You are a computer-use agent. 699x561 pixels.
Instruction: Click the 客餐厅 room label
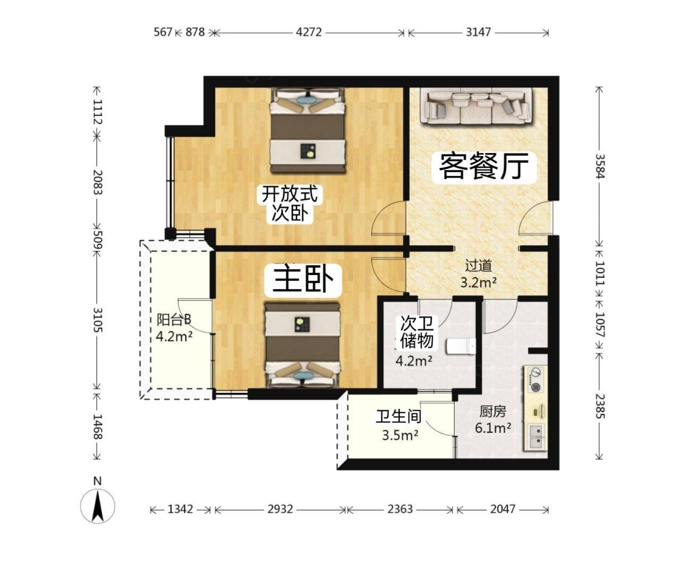point(484,166)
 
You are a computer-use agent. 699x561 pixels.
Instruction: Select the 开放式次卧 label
point(289,204)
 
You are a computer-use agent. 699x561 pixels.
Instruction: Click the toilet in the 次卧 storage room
point(461,346)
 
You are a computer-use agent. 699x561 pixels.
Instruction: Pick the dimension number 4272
point(309,32)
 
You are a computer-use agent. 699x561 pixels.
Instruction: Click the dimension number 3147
point(478,32)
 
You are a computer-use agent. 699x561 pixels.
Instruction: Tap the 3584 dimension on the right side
point(600,166)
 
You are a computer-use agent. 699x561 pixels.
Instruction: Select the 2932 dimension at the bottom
point(280,509)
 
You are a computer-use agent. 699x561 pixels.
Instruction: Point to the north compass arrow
point(97,506)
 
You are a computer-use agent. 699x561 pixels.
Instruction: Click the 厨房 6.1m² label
point(493,420)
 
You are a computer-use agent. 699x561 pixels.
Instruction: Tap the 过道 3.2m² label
point(479,274)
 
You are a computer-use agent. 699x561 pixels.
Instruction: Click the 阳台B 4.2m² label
point(174,327)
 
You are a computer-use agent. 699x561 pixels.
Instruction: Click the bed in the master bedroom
point(303,346)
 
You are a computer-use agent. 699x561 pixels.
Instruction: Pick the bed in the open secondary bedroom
point(308,130)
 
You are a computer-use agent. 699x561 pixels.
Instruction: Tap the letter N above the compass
point(97,481)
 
